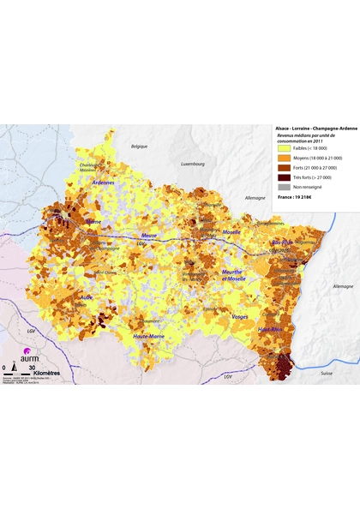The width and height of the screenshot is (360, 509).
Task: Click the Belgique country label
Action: click(x=140, y=147)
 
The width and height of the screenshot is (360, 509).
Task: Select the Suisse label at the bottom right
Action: click(x=326, y=374)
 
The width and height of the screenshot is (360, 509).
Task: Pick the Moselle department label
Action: click(x=231, y=231)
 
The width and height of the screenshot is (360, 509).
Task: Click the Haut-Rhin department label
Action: click(x=272, y=330)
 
